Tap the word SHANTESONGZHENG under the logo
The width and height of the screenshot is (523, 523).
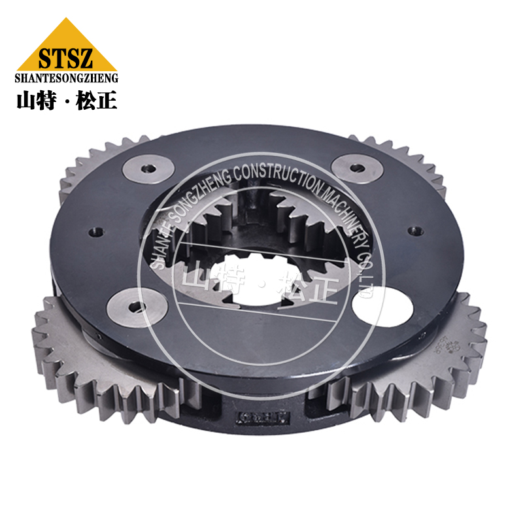pos(66,78)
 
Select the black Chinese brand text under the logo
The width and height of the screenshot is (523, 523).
pos(66,100)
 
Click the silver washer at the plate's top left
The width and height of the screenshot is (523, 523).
pos(148,169)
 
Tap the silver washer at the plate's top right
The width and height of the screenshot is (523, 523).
pos(356,168)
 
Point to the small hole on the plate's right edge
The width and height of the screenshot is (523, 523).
pos(413,230)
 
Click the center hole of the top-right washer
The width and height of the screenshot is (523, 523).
pos(356,168)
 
